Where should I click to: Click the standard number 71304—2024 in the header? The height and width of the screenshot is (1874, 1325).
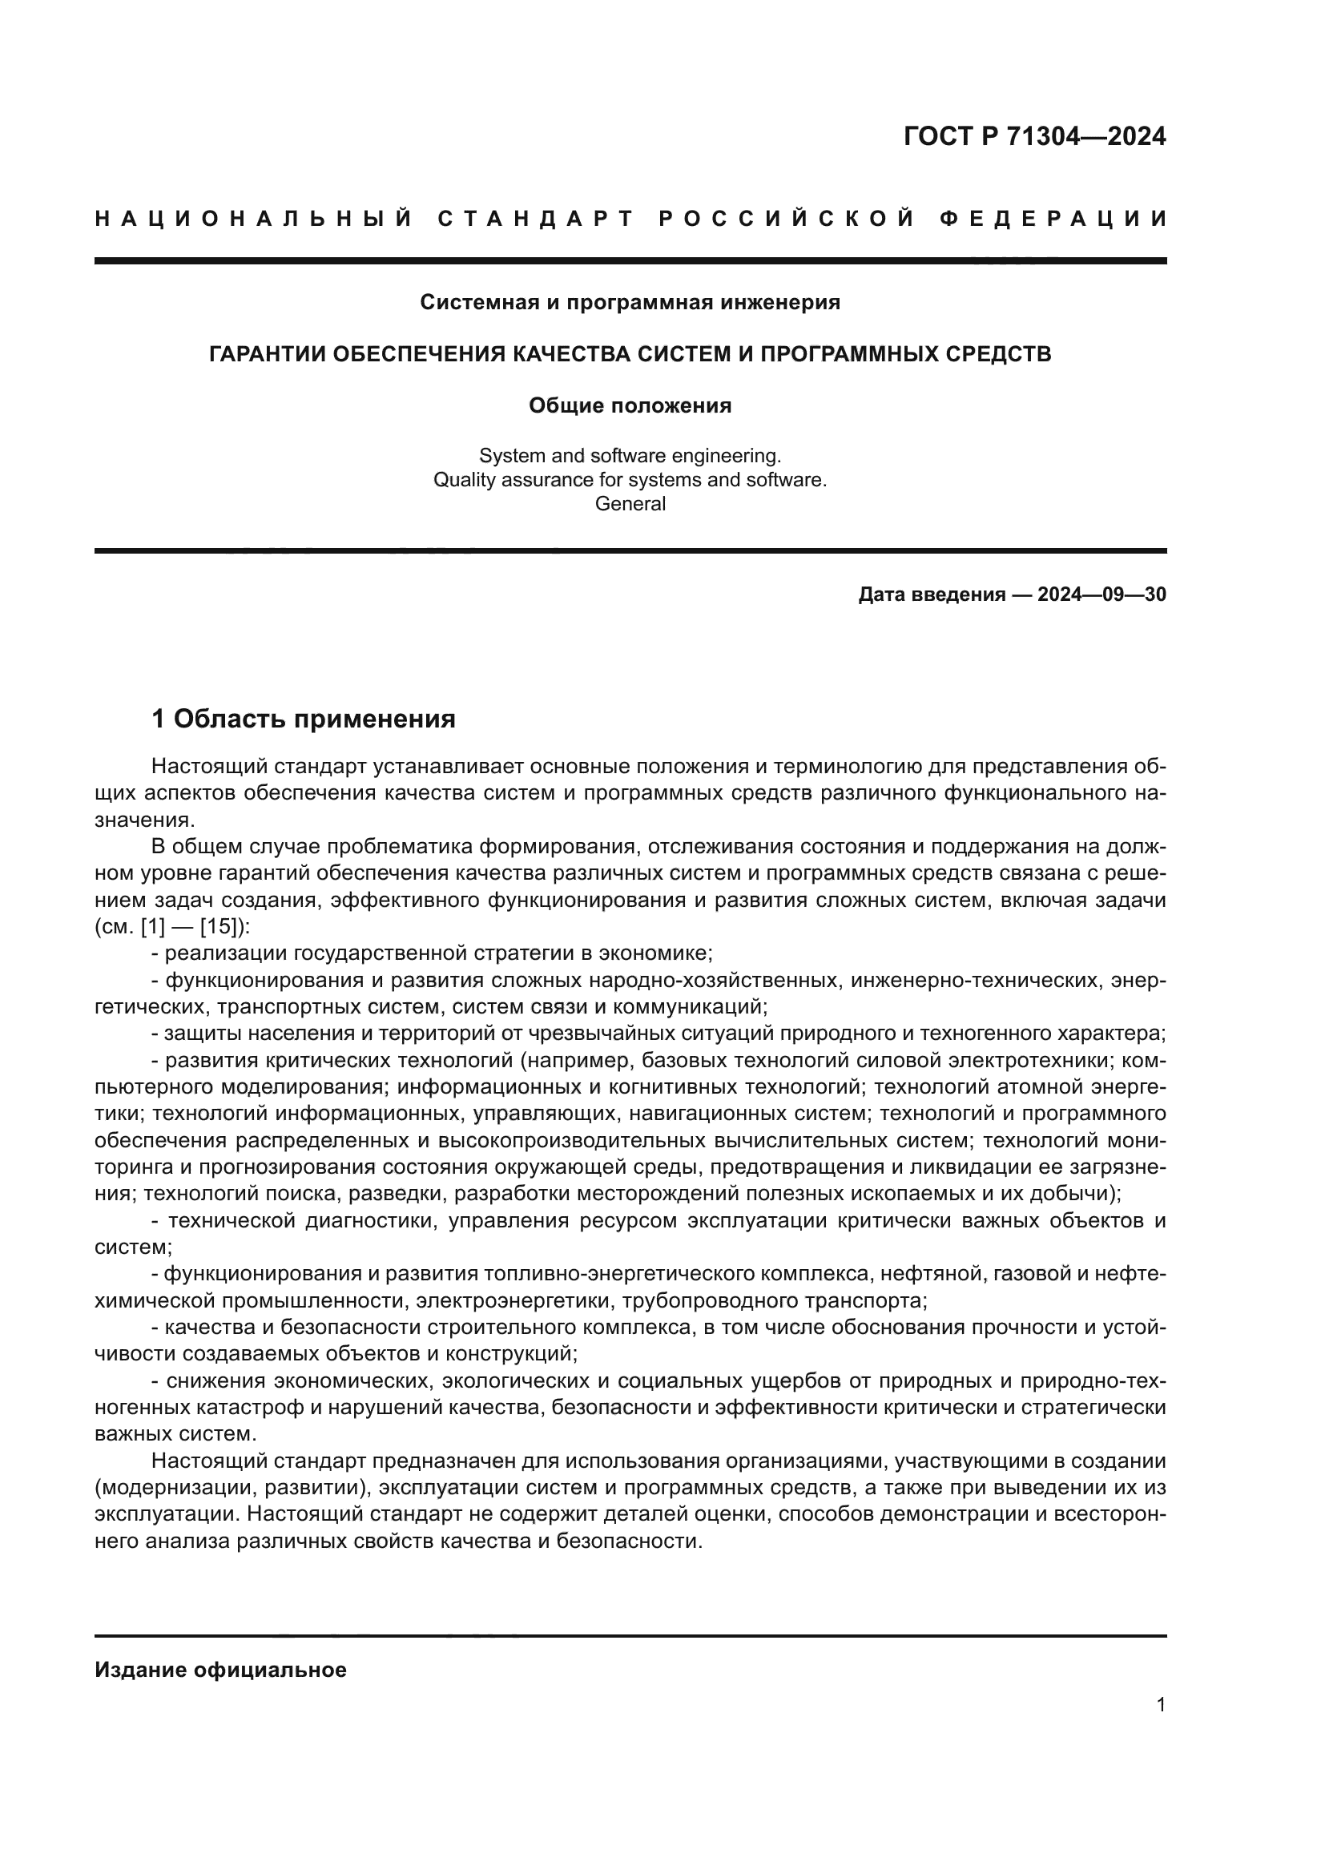coord(1086,136)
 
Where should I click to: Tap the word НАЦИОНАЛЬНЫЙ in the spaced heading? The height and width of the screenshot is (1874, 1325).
coord(254,219)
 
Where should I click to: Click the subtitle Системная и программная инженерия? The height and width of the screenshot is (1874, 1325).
coord(630,303)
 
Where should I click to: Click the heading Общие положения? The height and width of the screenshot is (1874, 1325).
coord(630,405)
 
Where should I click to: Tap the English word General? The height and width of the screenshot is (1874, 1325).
coord(630,504)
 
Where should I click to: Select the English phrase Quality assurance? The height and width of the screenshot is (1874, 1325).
coord(501,480)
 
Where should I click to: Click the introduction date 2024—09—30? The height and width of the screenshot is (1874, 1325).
coord(1101,594)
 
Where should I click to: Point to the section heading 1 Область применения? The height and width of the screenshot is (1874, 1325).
coord(304,719)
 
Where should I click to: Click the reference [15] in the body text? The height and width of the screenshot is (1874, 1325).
coord(218,927)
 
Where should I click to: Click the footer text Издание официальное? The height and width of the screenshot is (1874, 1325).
coord(221,1670)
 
